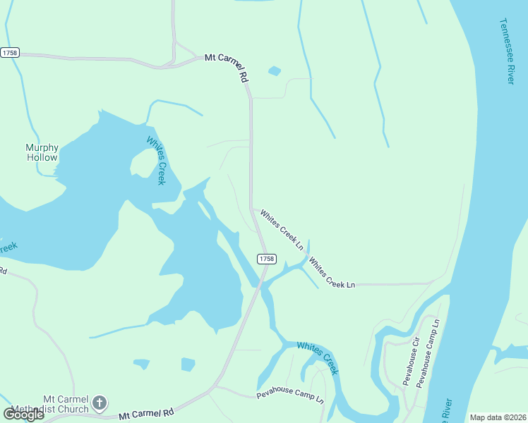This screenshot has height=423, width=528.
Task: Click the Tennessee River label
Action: point(505,51)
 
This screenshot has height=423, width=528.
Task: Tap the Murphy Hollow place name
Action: point(42,152)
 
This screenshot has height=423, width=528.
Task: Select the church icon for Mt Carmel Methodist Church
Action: point(100,403)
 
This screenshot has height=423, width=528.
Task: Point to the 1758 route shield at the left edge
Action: point(10,53)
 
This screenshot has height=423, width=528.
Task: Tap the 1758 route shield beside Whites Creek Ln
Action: point(265,259)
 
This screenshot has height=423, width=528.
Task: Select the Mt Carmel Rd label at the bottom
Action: point(146,414)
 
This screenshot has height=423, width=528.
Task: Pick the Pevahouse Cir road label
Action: point(411,361)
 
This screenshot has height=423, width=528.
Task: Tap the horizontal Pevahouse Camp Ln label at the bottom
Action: point(290,396)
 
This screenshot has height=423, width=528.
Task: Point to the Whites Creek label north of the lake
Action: point(155,160)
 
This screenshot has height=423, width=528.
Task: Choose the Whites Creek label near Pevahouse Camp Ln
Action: point(318,358)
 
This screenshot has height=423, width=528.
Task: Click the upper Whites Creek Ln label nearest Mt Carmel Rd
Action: point(281,230)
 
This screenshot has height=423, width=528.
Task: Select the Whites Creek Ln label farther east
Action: point(331,273)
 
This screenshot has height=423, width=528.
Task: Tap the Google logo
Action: point(23,415)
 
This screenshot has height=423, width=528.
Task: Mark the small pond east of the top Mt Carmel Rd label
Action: point(274,71)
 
